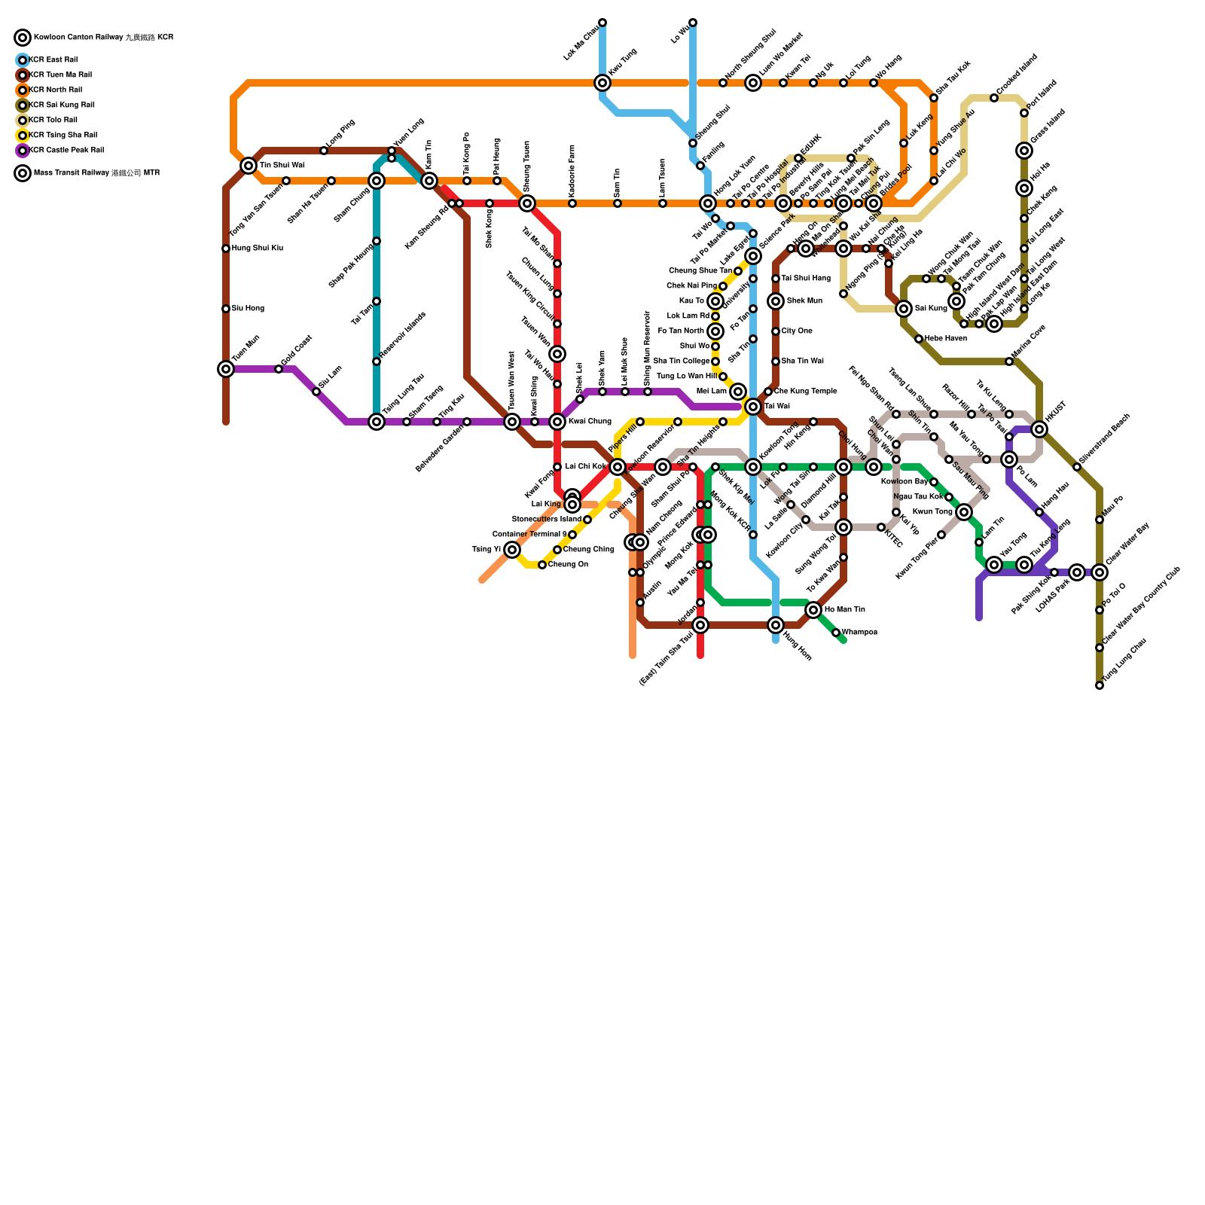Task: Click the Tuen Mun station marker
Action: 226,369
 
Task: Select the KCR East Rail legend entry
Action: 53,60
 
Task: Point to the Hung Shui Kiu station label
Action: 258,249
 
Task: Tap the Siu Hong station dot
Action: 226,309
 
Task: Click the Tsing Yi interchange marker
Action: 512,550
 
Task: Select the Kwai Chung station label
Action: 590,422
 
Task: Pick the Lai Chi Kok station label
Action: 585,467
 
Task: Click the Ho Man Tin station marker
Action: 813,610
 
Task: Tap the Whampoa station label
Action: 859,633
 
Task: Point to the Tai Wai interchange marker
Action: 753,407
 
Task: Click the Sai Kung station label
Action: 931,309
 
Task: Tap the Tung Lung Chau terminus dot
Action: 1100,685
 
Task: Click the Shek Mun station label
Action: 804,301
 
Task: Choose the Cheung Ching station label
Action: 588,550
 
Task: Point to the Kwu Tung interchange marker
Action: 602,83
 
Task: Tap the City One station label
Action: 797,331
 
